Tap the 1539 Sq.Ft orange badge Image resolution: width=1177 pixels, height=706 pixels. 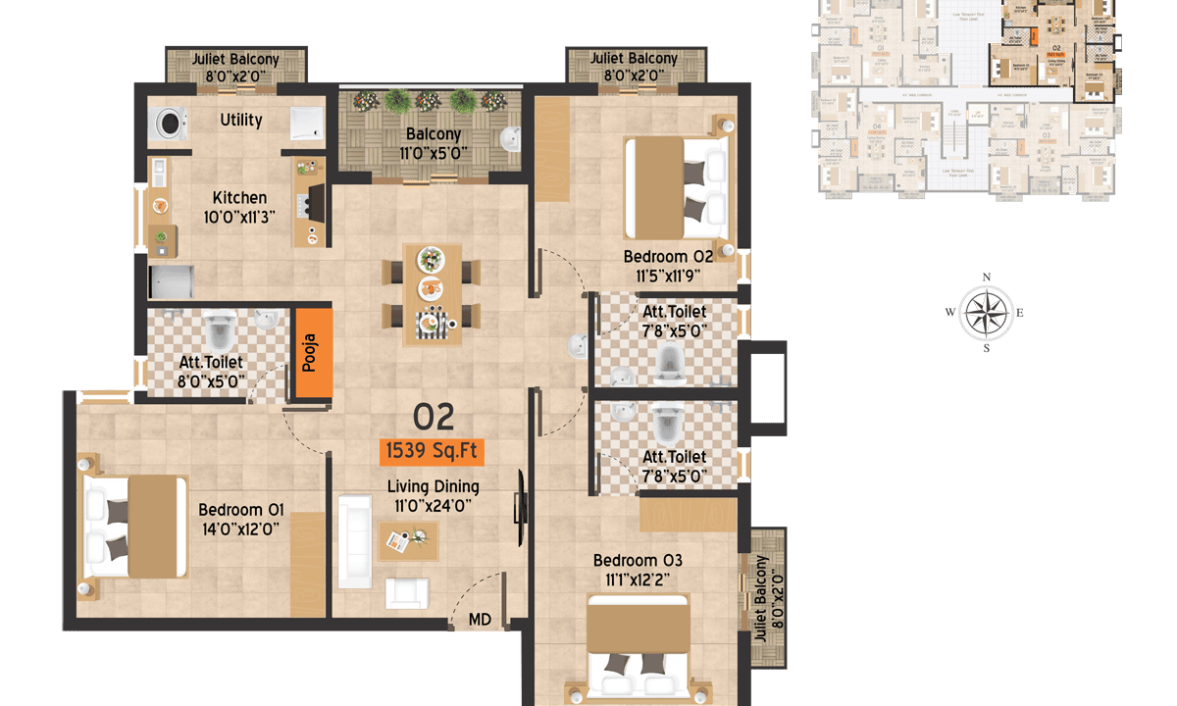433,451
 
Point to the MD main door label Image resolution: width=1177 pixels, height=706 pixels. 480,619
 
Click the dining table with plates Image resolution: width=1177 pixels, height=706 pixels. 433,293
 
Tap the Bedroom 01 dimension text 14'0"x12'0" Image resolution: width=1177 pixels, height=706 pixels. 240,528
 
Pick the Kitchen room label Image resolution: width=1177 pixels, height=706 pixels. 239,197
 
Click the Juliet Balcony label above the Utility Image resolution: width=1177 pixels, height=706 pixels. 235,66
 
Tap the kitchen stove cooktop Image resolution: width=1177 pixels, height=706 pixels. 315,201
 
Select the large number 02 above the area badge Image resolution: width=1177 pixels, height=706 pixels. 433,417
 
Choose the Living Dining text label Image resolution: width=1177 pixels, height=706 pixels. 433,486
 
